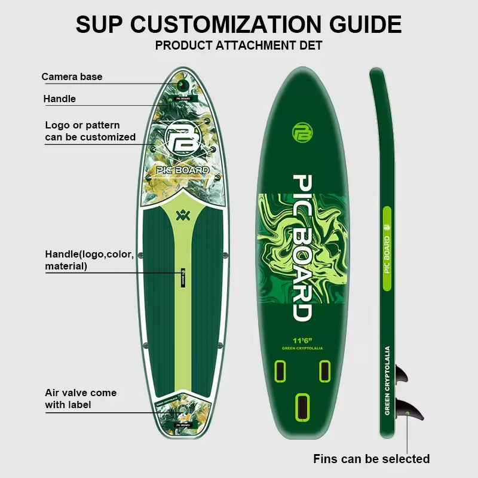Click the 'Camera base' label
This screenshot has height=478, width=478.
[x=72, y=77]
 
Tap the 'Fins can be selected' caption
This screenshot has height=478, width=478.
[x=371, y=459]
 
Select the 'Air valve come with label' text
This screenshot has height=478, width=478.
[x=81, y=399]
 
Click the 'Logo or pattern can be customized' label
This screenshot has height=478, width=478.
[x=90, y=131]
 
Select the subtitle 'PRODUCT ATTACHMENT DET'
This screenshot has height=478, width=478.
[x=239, y=45]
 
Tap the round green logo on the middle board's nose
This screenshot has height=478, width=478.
[x=301, y=133]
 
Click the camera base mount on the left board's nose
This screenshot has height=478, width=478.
[x=182, y=85]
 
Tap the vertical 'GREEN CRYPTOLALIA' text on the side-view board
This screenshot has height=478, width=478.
[x=387, y=381]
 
